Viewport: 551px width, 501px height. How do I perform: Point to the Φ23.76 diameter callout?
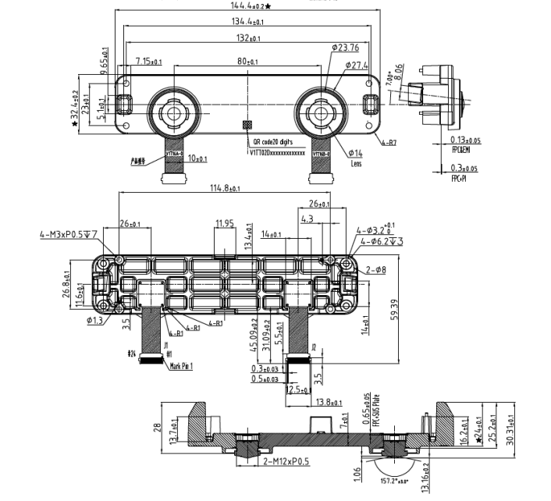(x=344, y=47)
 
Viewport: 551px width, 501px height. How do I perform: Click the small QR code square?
(x=247, y=124)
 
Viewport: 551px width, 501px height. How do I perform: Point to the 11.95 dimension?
(x=224, y=223)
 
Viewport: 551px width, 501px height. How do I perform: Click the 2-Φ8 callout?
(x=377, y=269)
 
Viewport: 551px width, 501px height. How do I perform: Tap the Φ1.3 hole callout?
(x=95, y=320)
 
